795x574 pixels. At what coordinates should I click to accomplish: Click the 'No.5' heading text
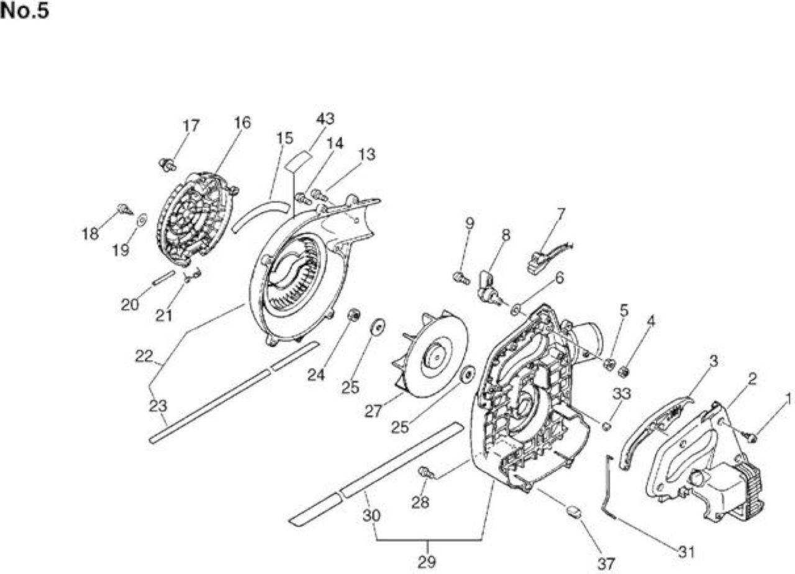[x=24, y=11]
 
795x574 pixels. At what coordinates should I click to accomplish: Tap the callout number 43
[x=325, y=119]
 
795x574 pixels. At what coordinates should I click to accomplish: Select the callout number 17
[x=191, y=126]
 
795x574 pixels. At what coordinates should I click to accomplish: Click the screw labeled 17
[x=167, y=165]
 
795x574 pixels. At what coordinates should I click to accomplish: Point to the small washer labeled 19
[x=142, y=220]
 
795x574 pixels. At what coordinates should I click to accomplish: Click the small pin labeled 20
[x=163, y=277]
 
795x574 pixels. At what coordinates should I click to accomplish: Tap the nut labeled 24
[x=354, y=315]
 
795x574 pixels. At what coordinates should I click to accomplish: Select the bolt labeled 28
[x=426, y=472]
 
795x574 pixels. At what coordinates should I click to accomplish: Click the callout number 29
[x=427, y=562]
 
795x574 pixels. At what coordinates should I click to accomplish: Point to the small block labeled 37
[x=574, y=512]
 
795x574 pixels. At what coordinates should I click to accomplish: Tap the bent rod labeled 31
[x=610, y=488]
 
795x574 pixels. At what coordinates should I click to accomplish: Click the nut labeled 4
[x=623, y=372]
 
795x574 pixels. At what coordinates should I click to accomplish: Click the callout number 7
[x=561, y=214]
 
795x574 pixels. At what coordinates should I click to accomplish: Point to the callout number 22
[x=143, y=356]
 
